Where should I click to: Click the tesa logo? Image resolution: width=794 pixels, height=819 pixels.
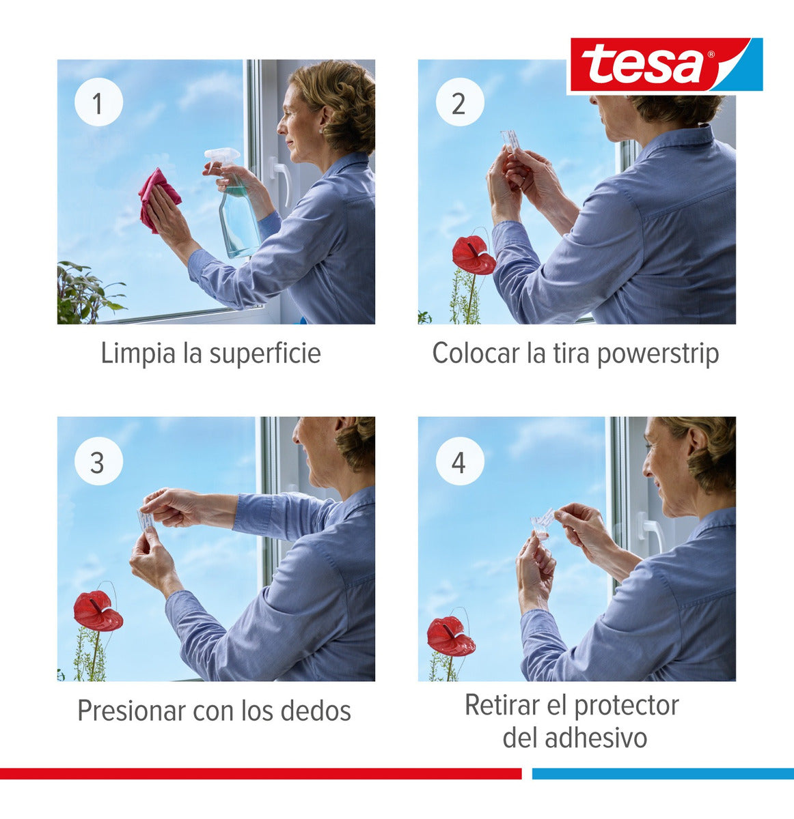pos(664,66)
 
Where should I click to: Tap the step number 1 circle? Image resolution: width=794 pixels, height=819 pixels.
pos(98,104)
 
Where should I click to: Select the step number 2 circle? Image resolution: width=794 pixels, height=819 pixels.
pos(458,104)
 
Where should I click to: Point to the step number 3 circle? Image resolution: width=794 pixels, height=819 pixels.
pos(98,462)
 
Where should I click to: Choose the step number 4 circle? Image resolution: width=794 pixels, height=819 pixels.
pos(458,462)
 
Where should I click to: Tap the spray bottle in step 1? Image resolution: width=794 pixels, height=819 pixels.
pos(236,212)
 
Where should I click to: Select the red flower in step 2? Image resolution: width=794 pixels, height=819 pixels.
pos(473,255)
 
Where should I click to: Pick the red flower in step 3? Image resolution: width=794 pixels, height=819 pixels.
pos(97,612)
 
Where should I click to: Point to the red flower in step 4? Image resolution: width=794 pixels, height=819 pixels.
pos(450,637)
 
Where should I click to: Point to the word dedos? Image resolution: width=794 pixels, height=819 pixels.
pos(317,710)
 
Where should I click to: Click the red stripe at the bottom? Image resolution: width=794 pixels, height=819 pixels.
pos(260,773)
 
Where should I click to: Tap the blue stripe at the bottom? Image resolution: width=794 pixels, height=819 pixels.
pos(662,773)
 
